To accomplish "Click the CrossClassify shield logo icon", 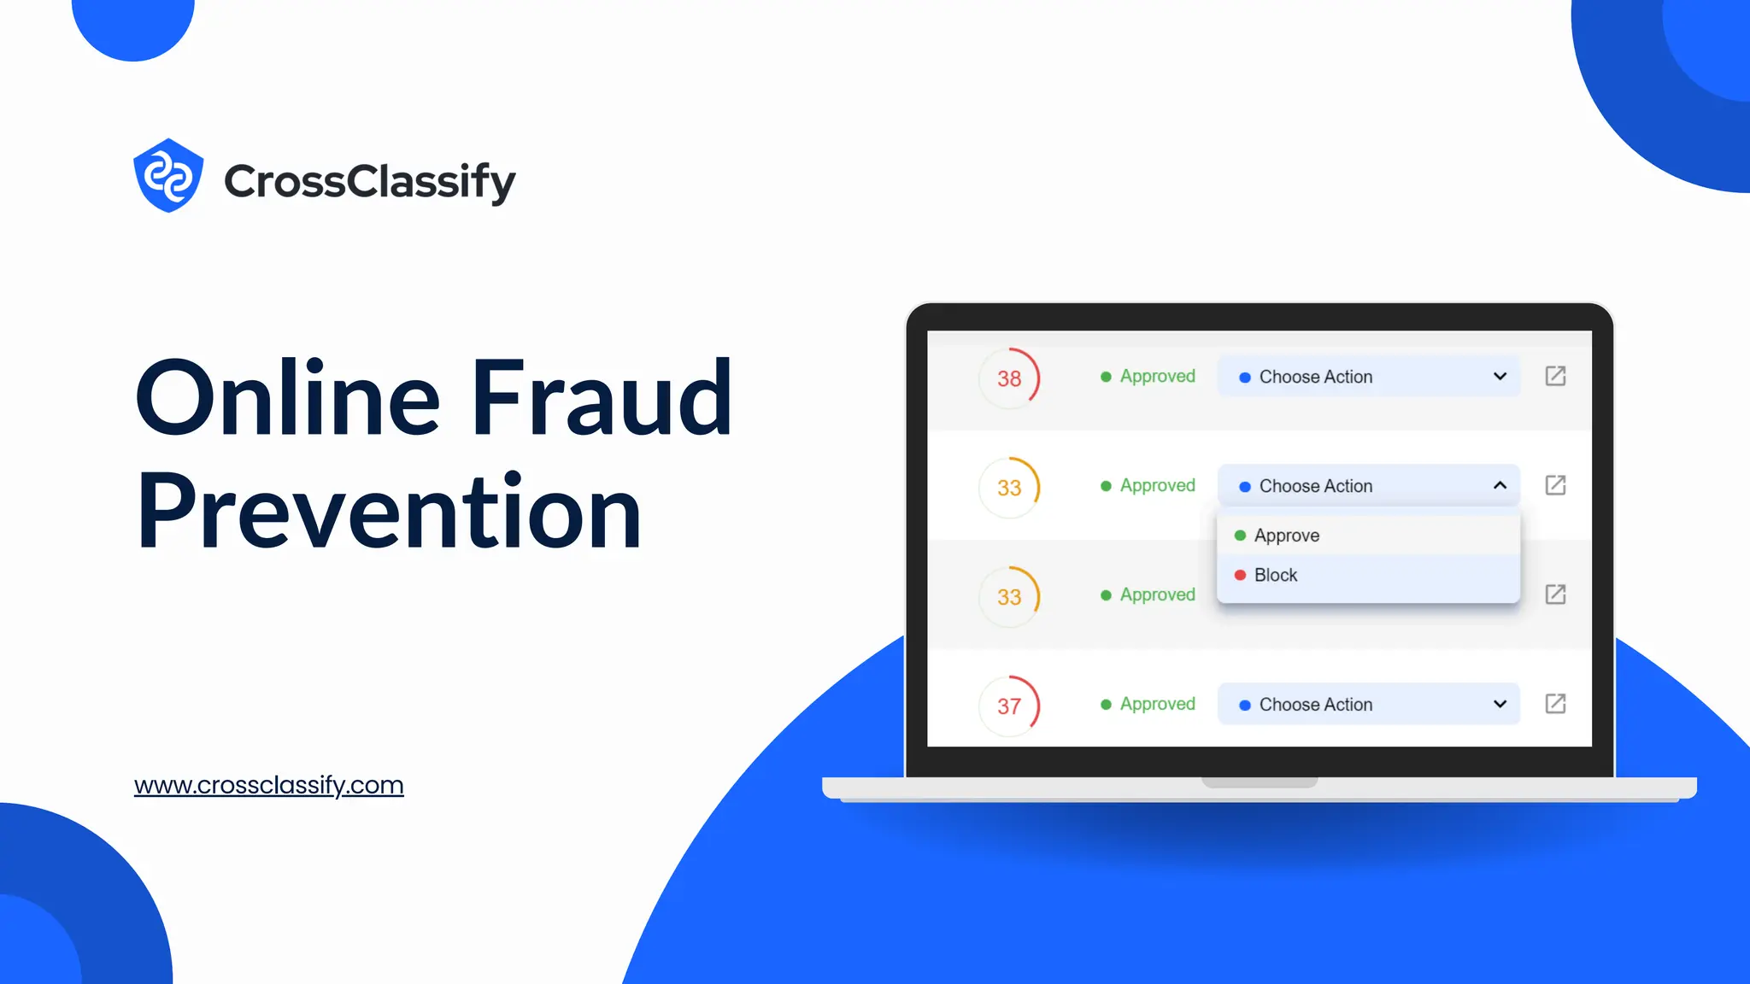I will pyautogui.click(x=168, y=176).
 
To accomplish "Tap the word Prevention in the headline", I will pyautogui.click(x=389, y=511).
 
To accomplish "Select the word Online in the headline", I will pyautogui.click(x=288, y=398).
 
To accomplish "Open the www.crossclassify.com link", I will pyautogui.click(x=268, y=785).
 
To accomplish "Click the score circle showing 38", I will pyautogui.click(x=1009, y=378).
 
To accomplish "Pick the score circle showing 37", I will pyautogui.click(x=1009, y=706).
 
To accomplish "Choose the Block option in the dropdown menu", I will pyautogui.click(x=1275, y=575).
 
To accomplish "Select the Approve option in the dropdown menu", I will pyautogui.click(x=1286, y=536).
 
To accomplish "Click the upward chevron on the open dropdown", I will pyautogui.click(x=1500, y=485).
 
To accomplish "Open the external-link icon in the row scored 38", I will pyautogui.click(x=1555, y=376).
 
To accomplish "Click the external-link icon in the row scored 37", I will pyautogui.click(x=1555, y=704).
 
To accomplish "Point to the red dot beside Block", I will pyautogui.click(x=1240, y=575).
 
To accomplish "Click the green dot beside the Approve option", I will pyautogui.click(x=1240, y=536).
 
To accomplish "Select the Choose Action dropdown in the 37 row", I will pyautogui.click(x=1368, y=704).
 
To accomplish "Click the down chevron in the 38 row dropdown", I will pyautogui.click(x=1500, y=377).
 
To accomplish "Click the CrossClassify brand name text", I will pyautogui.click(x=369, y=181).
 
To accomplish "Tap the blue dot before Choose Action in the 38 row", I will pyautogui.click(x=1245, y=378).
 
